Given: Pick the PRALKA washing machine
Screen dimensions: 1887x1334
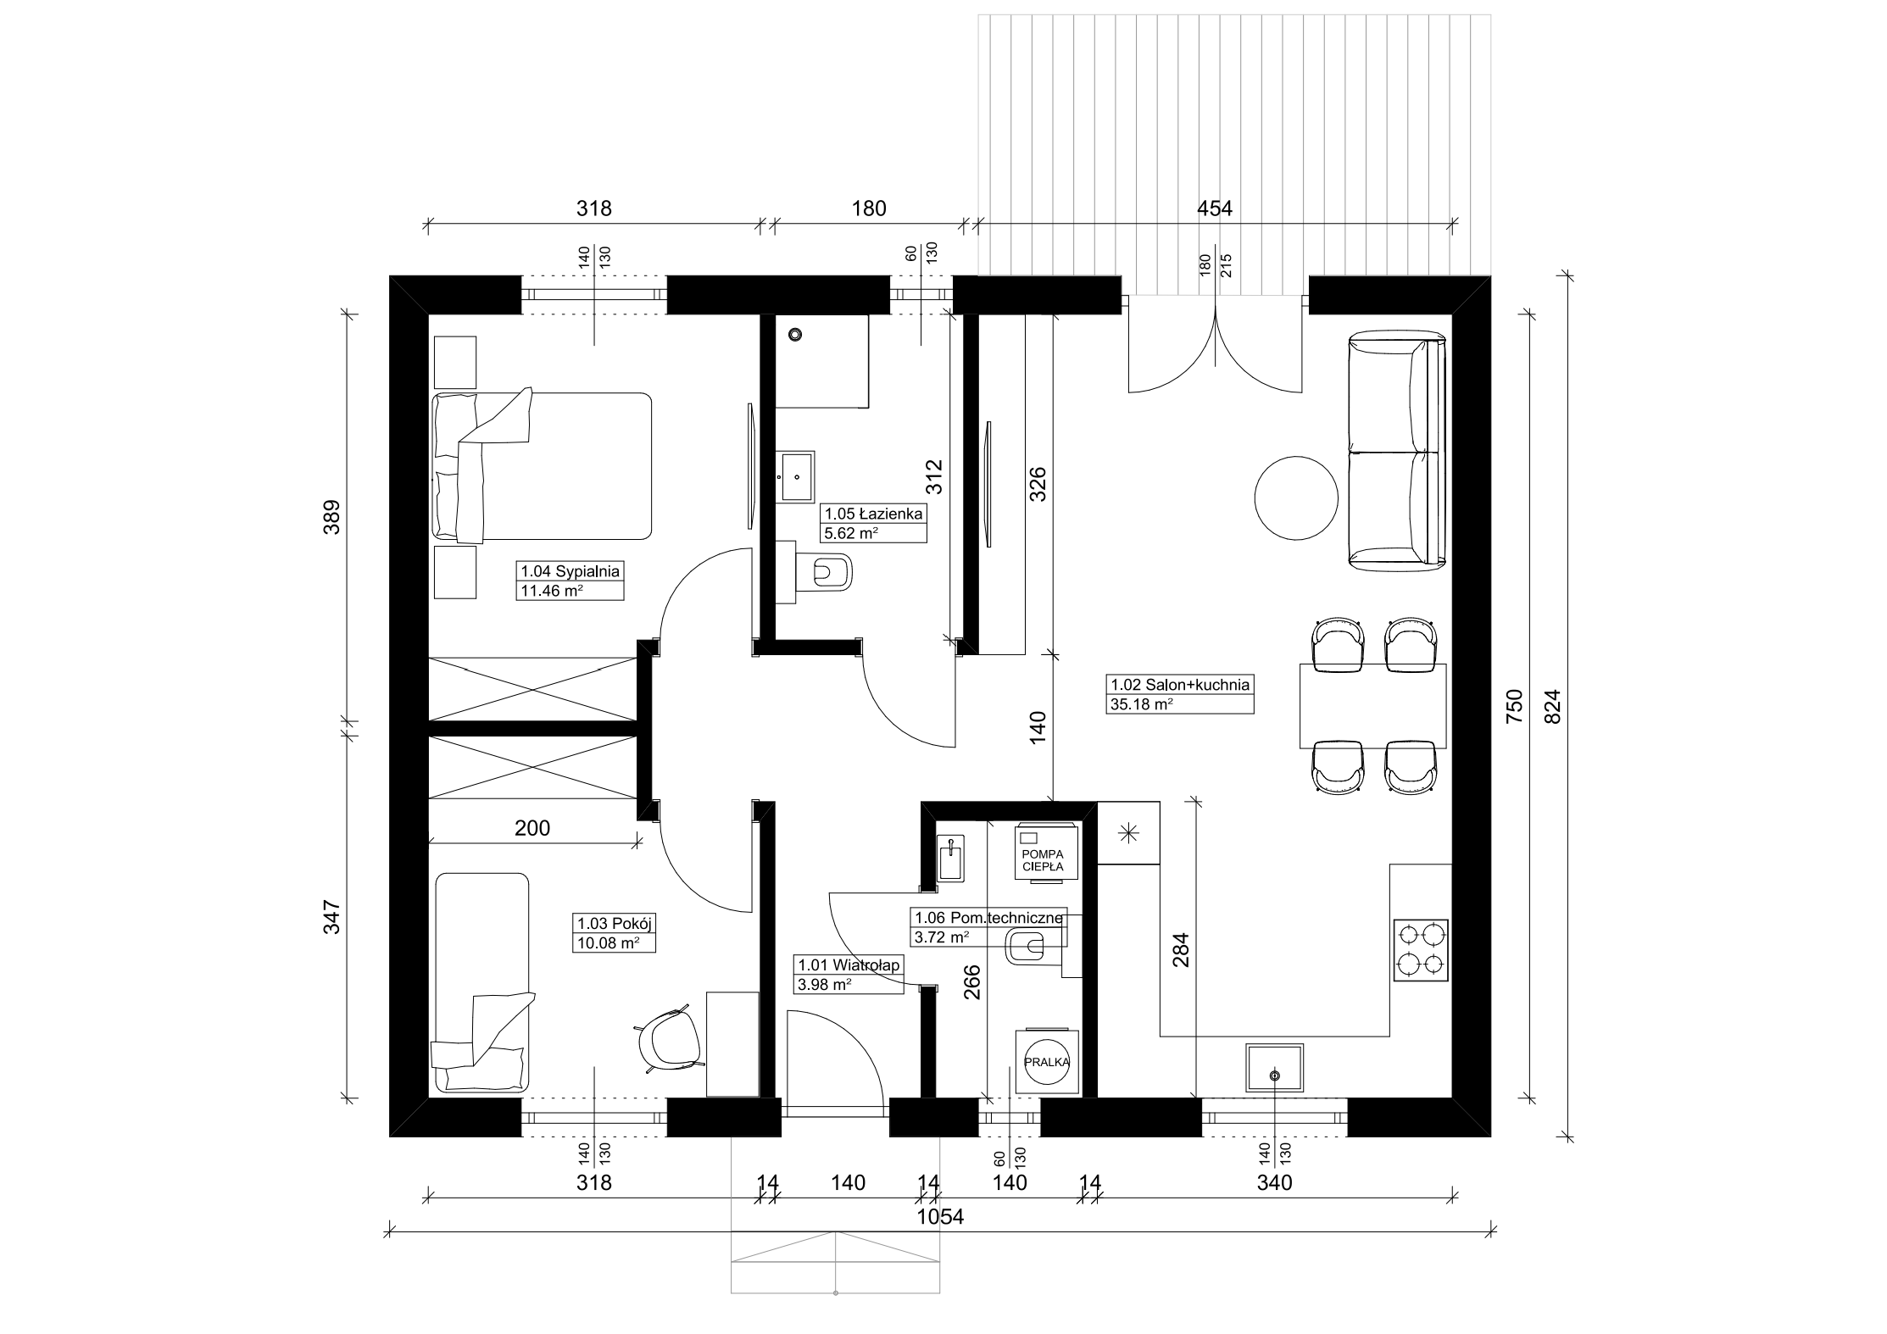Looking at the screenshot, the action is click(1048, 1061).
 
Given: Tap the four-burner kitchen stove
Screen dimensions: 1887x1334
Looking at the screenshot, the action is click(1421, 950).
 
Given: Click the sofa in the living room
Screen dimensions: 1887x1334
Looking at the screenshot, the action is click(1396, 451).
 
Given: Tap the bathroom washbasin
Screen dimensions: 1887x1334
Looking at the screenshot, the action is click(796, 476).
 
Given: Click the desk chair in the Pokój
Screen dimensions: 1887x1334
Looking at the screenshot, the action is click(670, 1041).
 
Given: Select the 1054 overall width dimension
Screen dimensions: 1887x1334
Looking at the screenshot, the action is click(941, 1217).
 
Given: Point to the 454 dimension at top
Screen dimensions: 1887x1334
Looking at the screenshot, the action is click(1214, 208).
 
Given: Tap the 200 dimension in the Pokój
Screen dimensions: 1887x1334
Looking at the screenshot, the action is click(532, 828).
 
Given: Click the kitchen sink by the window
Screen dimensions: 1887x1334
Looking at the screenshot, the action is click(1274, 1068).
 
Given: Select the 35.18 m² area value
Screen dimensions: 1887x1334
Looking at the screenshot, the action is click(1141, 703).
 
